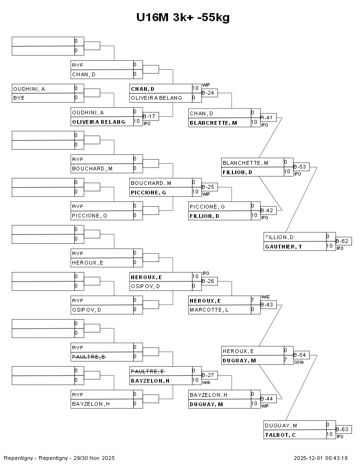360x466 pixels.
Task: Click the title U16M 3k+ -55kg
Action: coord(183,17)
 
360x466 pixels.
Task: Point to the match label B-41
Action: coord(268,118)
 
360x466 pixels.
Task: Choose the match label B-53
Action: coord(301,167)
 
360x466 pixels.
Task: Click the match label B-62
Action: coord(344,241)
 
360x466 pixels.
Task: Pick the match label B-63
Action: coord(344,429)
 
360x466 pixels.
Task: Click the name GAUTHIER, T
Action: coord(284,246)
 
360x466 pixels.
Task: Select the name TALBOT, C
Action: coord(280,434)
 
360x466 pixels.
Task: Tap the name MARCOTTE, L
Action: coord(209,310)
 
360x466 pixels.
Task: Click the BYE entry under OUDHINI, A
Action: coord(19,98)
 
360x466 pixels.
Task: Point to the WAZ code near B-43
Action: coord(265,297)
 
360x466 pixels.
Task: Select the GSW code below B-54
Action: coord(299,362)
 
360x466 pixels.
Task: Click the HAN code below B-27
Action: coord(206,382)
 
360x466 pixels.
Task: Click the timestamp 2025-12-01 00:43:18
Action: coord(320,458)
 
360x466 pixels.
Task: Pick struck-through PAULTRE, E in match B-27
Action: coord(147,371)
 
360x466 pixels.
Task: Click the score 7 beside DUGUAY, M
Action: coord(285,360)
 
